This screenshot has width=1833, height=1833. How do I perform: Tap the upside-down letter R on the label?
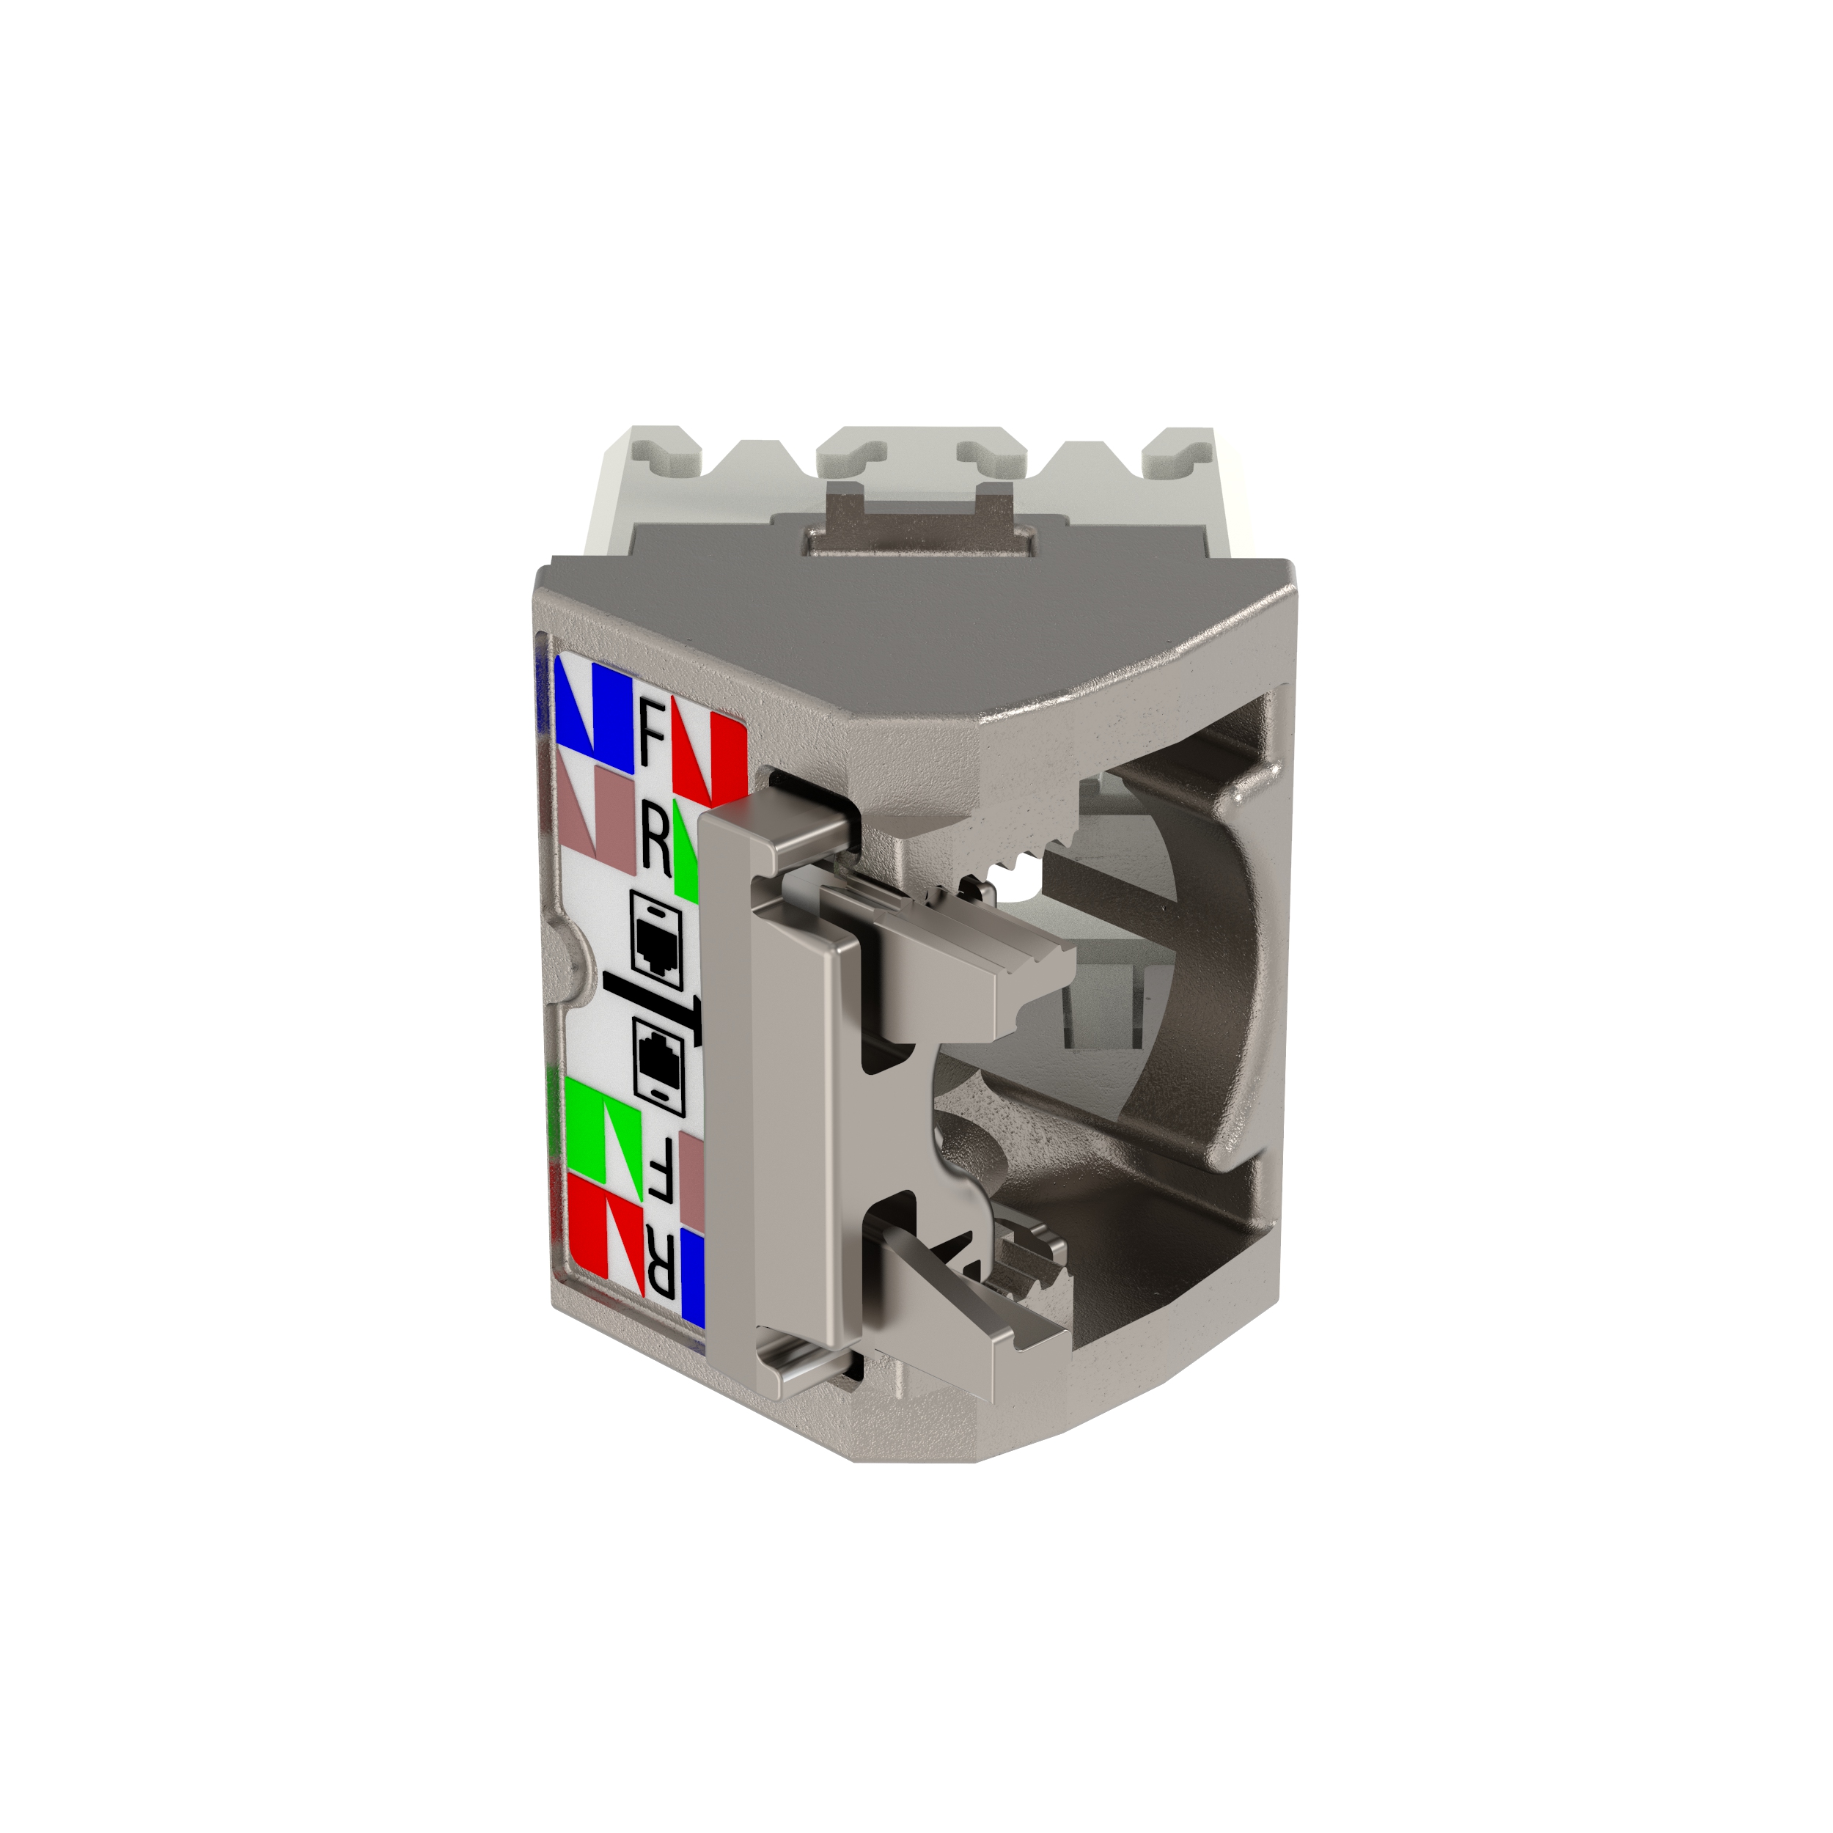point(661,1269)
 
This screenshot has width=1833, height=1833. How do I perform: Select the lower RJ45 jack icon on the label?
point(654,1065)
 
